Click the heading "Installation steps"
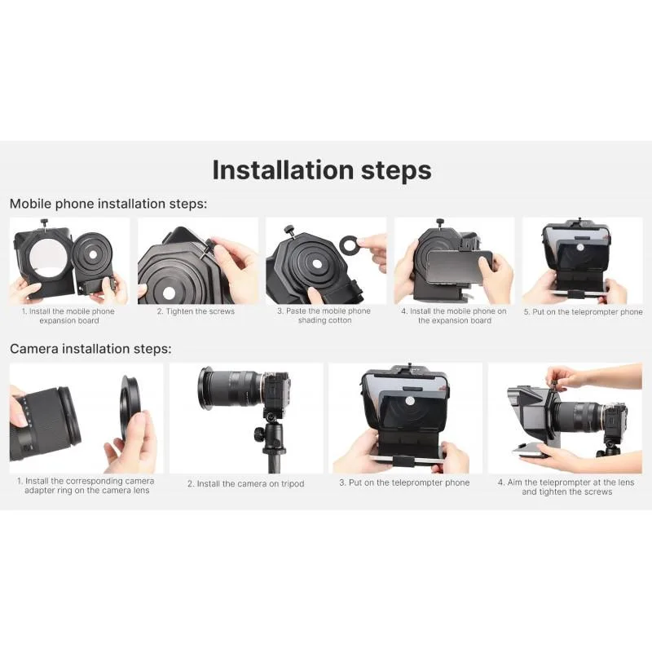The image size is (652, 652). click(322, 170)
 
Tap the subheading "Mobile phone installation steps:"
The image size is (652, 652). click(108, 204)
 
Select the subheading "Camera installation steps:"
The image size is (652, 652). click(90, 349)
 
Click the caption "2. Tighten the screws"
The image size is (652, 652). click(196, 311)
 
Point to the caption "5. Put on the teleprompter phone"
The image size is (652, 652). click(583, 312)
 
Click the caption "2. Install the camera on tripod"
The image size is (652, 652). click(246, 483)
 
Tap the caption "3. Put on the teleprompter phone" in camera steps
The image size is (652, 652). click(404, 482)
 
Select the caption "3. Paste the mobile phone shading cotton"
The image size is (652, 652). click(324, 315)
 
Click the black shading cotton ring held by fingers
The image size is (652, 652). click(349, 245)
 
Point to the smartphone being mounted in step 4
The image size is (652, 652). click(460, 266)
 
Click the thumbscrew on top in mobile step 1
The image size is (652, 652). click(44, 222)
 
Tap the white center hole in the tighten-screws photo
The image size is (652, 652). click(169, 293)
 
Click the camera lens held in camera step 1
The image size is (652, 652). click(43, 424)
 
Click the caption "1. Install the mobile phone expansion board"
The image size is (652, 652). click(68, 316)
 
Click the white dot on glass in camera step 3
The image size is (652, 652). click(410, 401)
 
